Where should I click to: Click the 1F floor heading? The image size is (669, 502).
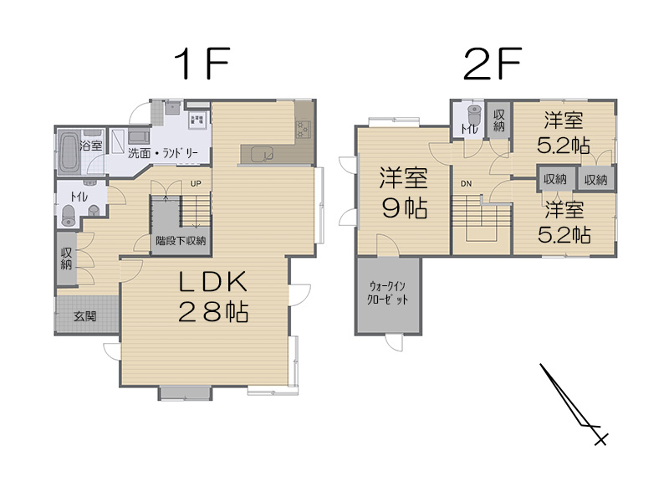(201, 63)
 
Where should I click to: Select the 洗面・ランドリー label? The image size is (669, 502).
(163, 153)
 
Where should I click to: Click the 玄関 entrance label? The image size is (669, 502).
(84, 316)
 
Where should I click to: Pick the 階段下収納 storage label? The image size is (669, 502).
(181, 240)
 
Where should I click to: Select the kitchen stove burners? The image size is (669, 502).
(302, 128)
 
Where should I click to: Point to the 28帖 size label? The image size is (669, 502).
(212, 313)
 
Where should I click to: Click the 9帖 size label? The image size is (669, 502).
(405, 208)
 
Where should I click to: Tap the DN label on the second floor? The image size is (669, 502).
(464, 183)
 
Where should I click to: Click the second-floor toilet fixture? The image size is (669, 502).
(473, 117)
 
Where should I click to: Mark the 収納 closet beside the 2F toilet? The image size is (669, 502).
(499, 120)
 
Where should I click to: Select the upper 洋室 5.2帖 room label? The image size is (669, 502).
(564, 132)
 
